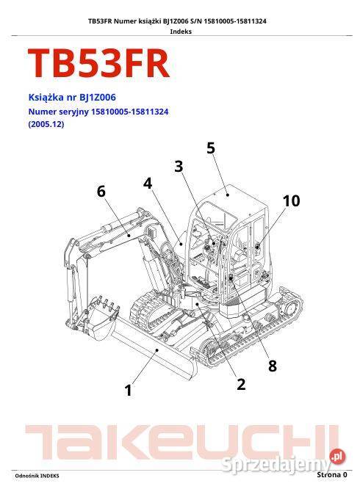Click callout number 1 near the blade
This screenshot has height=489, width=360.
click(129, 391)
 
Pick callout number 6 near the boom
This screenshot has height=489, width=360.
click(101, 192)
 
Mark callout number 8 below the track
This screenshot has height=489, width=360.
click(272, 366)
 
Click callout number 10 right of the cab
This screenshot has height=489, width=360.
click(291, 200)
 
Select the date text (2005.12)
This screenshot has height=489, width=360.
click(46, 125)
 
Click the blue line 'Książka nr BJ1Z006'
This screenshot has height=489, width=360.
click(71, 97)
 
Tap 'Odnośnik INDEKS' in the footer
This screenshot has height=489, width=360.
click(37, 477)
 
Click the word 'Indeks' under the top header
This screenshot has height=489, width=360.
click(180, 32)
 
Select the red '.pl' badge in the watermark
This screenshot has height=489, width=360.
click(336, 457)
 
